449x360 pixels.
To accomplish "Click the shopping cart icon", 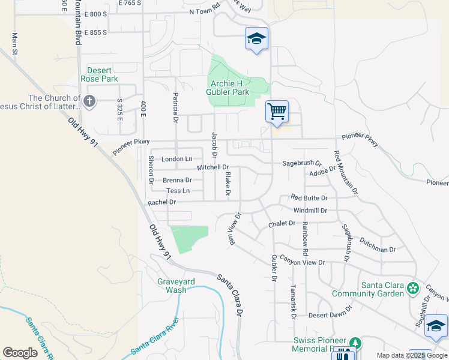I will pos(277,111).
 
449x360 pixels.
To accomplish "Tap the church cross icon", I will pos(89,101).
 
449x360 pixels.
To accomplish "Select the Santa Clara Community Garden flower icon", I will pos(412,289).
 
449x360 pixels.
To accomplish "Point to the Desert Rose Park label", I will pos(100,74).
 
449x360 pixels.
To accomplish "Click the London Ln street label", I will pos(177,159).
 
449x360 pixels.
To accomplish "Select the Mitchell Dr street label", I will pos(213,167).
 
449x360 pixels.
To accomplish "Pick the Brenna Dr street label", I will pos(177,180).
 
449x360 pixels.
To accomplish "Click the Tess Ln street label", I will pos(178,191).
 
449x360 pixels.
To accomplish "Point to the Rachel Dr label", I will pos(161,203).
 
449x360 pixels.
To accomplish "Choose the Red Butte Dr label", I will pos(309,197).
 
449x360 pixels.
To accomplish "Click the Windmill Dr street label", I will pos(310,211).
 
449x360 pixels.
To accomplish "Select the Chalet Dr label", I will pos(282,223).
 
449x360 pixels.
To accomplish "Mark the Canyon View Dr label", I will pos(304,262).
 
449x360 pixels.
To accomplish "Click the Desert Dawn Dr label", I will pos(329,315).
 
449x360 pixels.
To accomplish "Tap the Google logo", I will pos(20,352).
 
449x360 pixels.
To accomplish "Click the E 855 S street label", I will pos(96,32).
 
